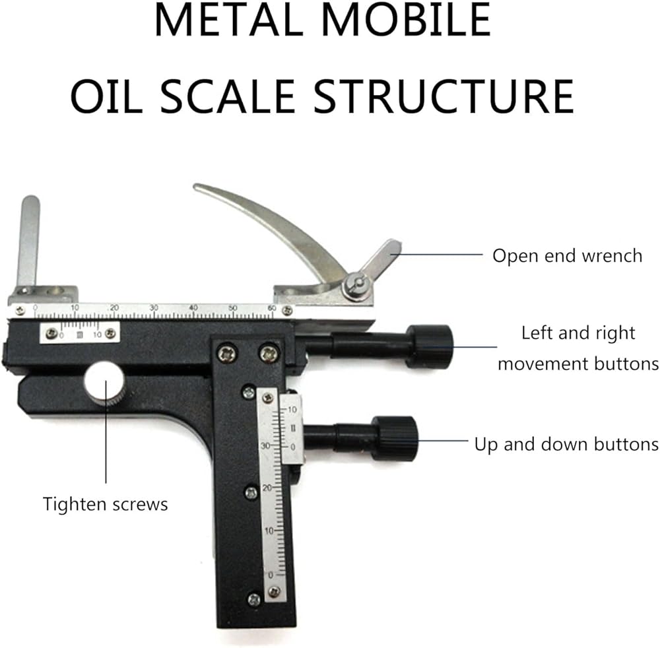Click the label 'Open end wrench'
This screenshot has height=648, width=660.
tap(567, 255)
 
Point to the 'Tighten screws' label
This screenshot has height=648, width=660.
tap(106, 505)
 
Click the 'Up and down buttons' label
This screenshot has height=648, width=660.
tap(566, 444)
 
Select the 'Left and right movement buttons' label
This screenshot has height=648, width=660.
tap(577, 348)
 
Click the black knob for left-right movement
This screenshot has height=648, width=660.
tap(430, 346)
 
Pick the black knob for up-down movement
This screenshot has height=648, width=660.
tap(395, 437)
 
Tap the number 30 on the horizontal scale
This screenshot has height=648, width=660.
tap(154, 308)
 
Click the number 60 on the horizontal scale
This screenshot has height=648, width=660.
tap(271, 308)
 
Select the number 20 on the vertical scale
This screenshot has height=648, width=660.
tap(266, 488)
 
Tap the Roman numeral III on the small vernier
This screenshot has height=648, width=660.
tap(79, 335)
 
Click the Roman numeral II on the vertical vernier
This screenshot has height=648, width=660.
tap(293, 430)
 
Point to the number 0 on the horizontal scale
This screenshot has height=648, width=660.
tap(35, 308)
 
